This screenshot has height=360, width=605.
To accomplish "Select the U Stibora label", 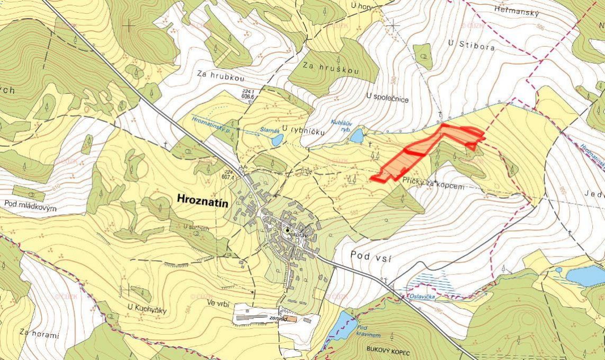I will click(x=472, y=47).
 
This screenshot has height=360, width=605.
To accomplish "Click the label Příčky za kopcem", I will click(x=433, y=187).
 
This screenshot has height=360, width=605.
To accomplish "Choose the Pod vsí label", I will click(x=371, y=257).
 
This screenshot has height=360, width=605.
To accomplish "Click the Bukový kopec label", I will click(x=389, y=349).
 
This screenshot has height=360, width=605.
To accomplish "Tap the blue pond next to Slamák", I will click(x=277, y=140).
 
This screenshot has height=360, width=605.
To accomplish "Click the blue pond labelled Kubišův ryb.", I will click(x=357, y=136).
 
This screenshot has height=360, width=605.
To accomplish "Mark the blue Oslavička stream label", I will click(x=422, y=296).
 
